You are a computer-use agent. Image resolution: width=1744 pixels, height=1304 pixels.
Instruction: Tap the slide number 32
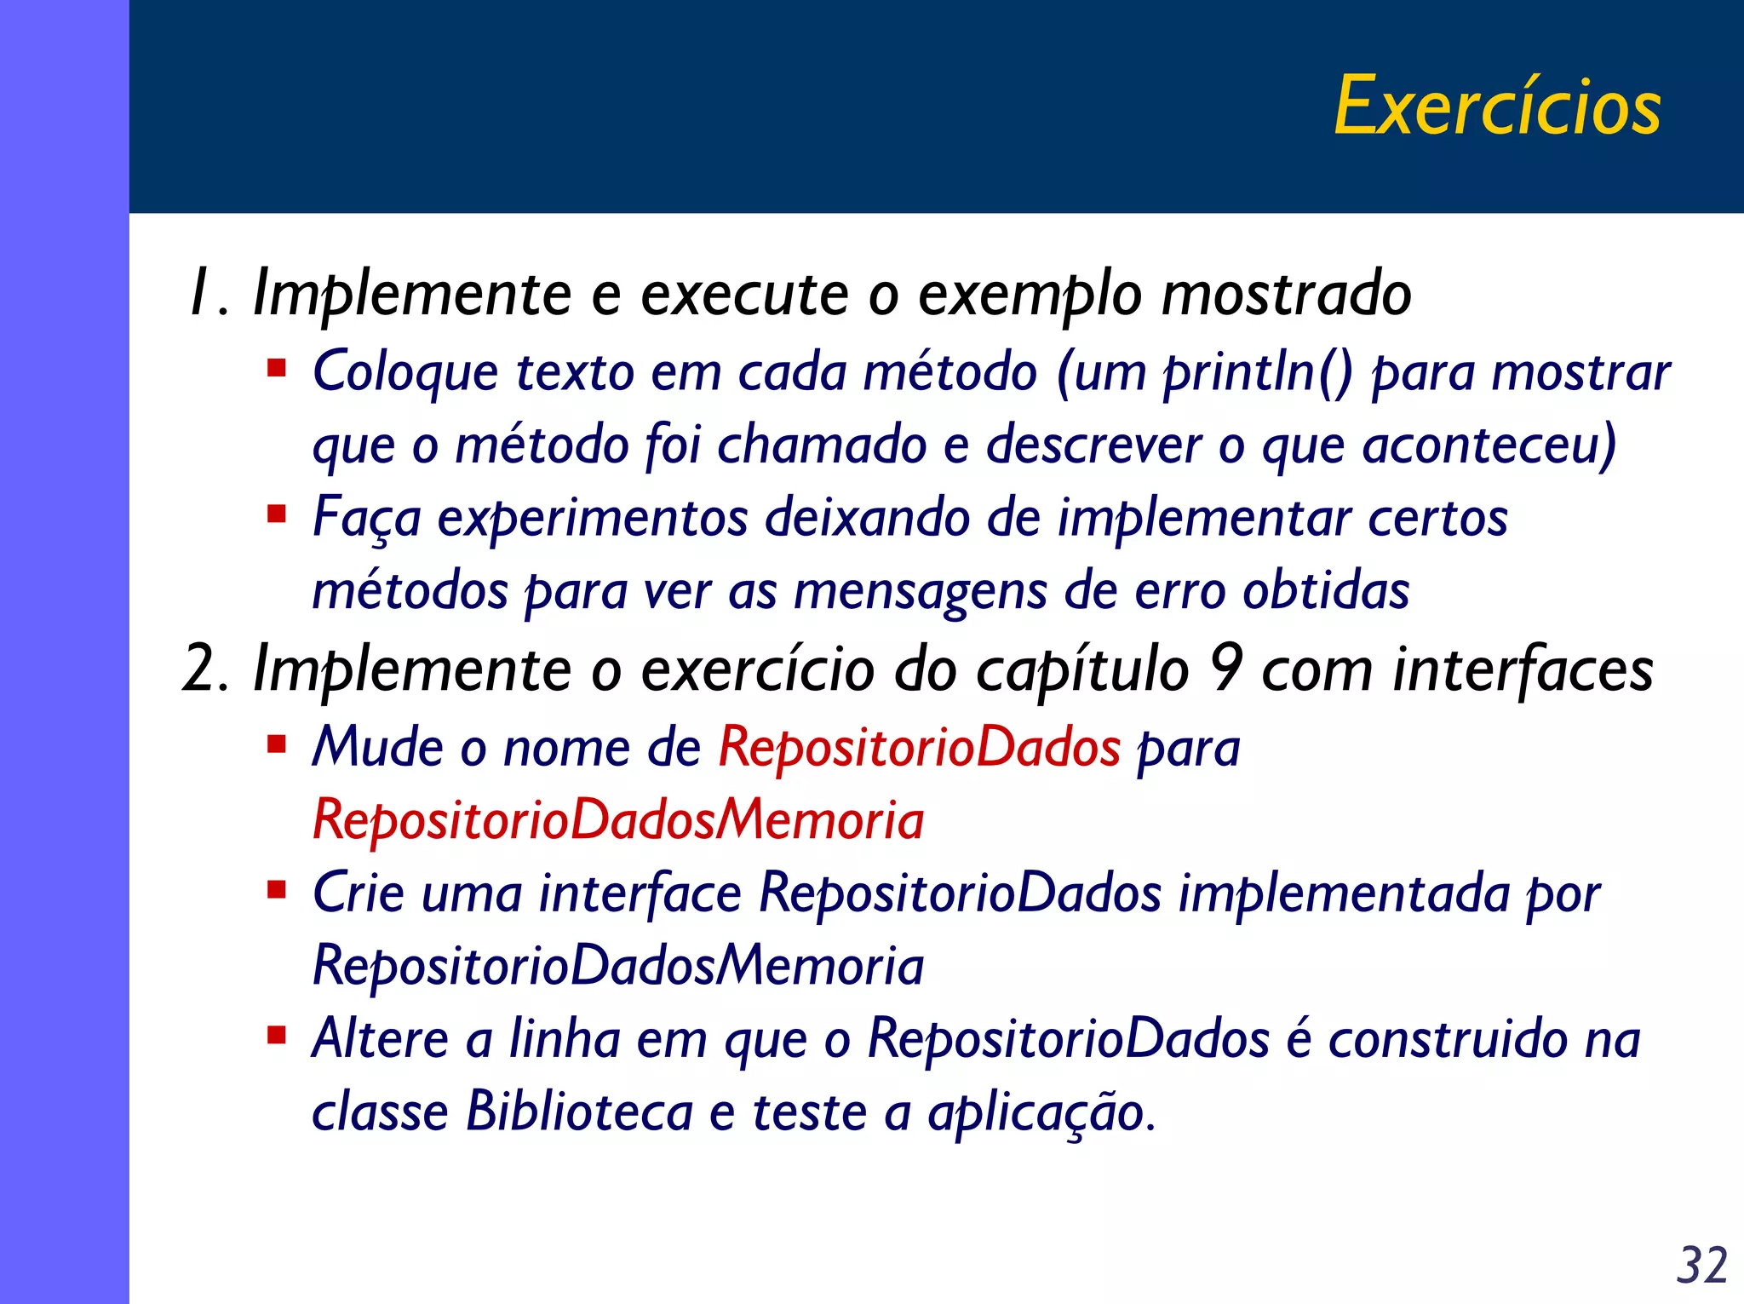1701,1265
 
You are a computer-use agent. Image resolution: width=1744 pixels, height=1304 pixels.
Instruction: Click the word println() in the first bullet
1258,373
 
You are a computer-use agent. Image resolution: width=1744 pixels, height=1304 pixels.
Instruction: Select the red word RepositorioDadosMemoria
618,820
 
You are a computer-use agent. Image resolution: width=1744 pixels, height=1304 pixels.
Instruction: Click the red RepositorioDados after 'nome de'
919,748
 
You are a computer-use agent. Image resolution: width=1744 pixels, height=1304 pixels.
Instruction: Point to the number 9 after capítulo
1225,669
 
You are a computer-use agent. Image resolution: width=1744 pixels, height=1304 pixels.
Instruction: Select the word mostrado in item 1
1286,294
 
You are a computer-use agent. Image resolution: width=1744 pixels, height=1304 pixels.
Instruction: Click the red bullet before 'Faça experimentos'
276,514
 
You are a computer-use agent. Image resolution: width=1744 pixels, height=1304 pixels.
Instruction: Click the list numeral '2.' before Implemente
205,669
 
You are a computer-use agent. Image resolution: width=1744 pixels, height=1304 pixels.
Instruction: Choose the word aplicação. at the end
1041,1113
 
